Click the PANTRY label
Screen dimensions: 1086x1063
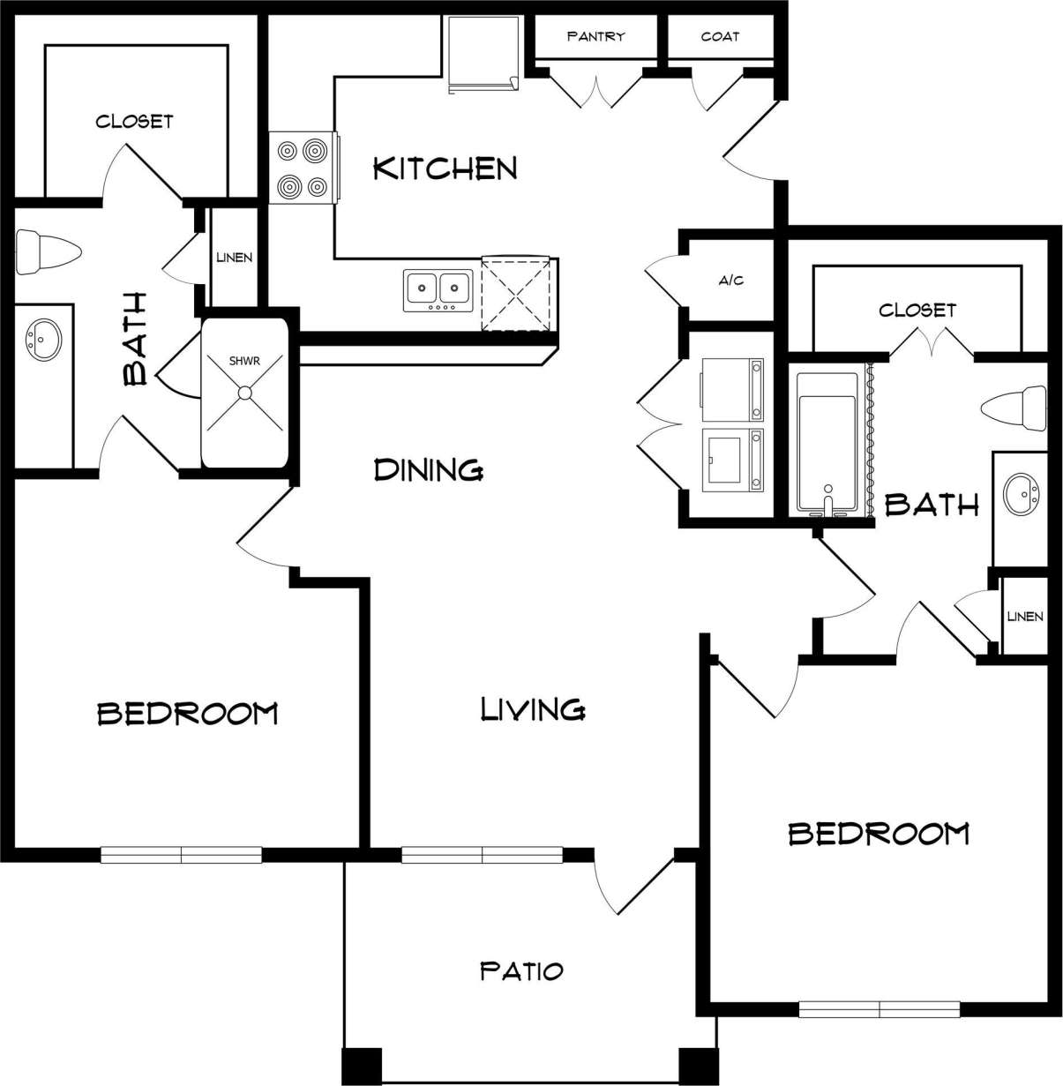(595, 36)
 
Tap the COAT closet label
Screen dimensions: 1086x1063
(720, 36)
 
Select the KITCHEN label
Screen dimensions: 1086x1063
(445, 168)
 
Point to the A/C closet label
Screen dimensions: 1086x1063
(731, 281)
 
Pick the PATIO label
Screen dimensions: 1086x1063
(521, 971)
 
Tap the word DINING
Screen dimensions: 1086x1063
(429, 469)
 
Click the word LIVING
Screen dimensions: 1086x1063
(533, 708)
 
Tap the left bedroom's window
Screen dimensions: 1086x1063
(181, 854)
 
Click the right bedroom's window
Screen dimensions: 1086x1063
(879, 1009)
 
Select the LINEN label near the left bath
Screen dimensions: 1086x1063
(235, 258)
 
